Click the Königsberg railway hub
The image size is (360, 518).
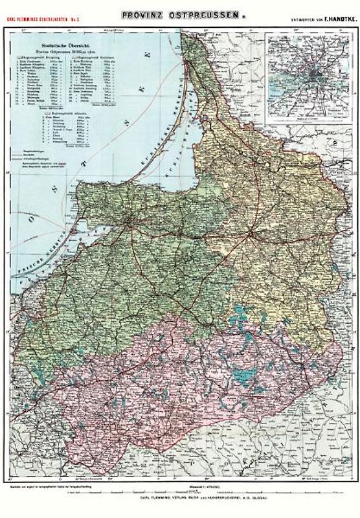click(125, 226)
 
